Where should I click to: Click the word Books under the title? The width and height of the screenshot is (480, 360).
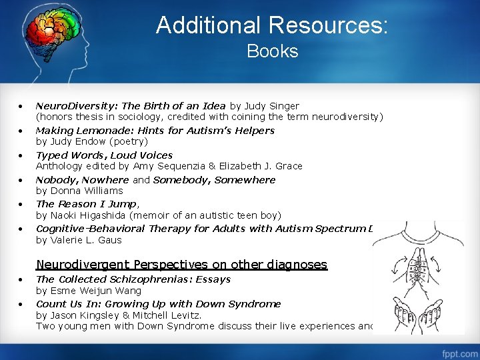pyautogui.click(x=272, y=51)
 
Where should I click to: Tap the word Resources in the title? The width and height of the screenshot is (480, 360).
pyautogui.click(x=326, y=25)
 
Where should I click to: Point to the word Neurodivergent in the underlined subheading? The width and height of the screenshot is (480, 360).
pyautogui.click(x=84, y=265)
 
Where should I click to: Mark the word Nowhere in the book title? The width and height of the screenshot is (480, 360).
pyautogui.click(x=105, y=179)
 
